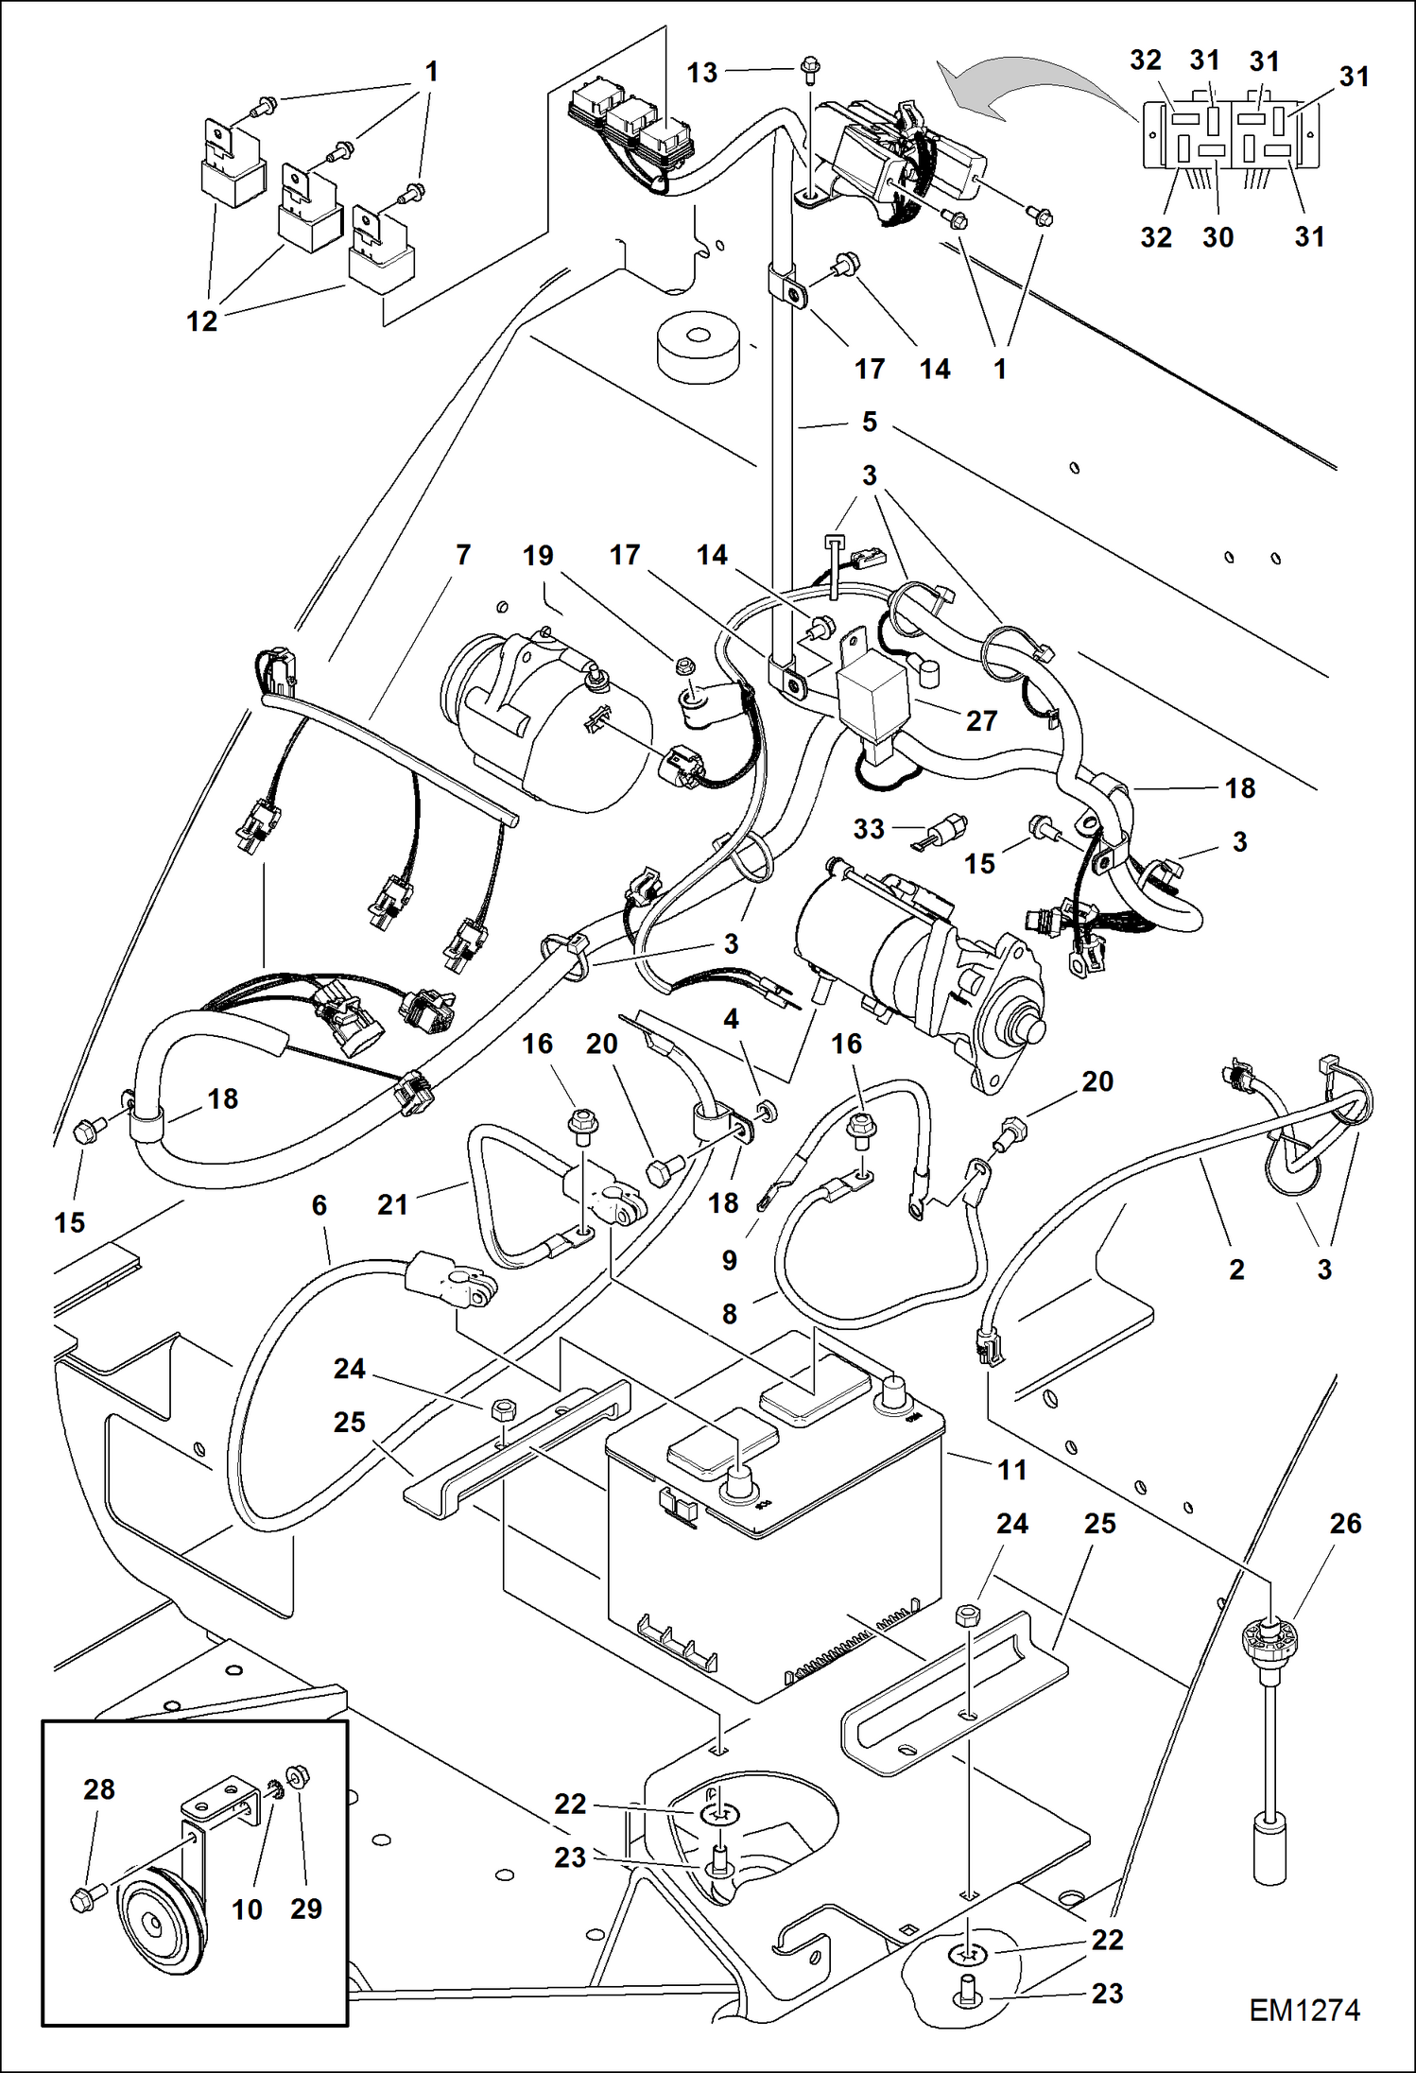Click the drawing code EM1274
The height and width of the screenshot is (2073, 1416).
[1304, 2010]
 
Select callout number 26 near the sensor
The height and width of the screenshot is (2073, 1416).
[1345, 1523]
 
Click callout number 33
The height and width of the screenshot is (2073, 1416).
[868, 829]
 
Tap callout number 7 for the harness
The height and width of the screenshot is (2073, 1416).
[462, 555]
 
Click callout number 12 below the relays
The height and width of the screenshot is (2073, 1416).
[201, 321]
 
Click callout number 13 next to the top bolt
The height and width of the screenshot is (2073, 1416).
[702, 73]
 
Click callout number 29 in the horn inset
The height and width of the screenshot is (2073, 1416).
[306, 1909]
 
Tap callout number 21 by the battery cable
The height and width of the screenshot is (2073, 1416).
[392, 1204]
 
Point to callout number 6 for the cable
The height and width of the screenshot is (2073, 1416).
[319, 1204]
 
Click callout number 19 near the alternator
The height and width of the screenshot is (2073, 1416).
[538, 555]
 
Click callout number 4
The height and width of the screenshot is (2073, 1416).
[731, 1019]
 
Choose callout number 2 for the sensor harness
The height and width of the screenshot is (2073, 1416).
[1236, 1270]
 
